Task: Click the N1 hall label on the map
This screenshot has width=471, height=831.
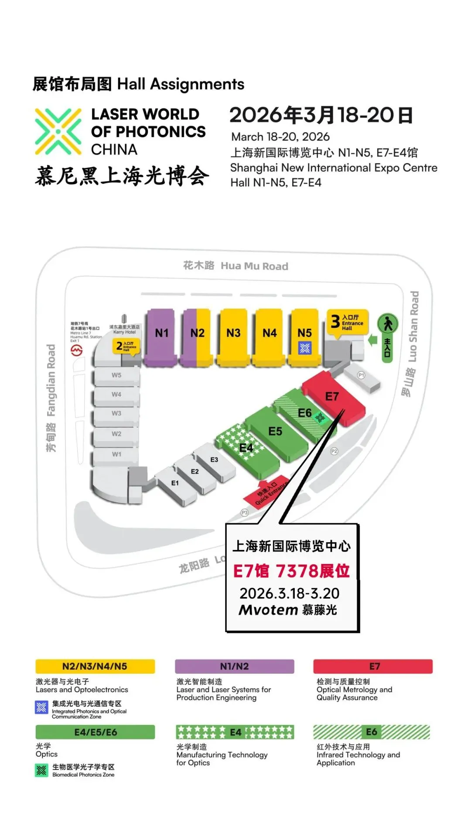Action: [161, 333]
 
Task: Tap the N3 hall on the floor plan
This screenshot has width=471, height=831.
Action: [233, 333]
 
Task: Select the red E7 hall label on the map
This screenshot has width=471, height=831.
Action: [332, 396]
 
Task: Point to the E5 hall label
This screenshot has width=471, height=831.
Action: [275, 431]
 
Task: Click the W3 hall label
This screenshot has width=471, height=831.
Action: [116, 413]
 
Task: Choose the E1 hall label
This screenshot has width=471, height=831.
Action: [175, 483]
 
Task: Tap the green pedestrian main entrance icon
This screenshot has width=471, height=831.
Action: [388, 324]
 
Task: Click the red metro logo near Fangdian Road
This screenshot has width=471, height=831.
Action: [77, 350]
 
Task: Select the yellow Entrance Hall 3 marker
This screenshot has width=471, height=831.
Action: [348, 322]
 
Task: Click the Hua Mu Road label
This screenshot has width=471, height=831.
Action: [236, 266]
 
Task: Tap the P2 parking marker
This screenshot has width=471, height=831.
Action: [334, 451]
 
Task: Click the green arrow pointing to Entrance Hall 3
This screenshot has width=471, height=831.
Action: [372, 340]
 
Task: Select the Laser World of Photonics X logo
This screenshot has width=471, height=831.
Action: [58, 131]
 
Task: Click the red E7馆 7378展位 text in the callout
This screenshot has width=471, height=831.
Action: [291, 571]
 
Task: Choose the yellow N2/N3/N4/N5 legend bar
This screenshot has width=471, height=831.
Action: [95, 666]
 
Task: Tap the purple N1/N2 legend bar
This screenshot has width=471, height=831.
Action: [235, 666]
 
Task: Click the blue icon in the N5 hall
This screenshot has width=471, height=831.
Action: [305, 348]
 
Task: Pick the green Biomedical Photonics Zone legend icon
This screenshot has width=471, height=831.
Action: [41, 770]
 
